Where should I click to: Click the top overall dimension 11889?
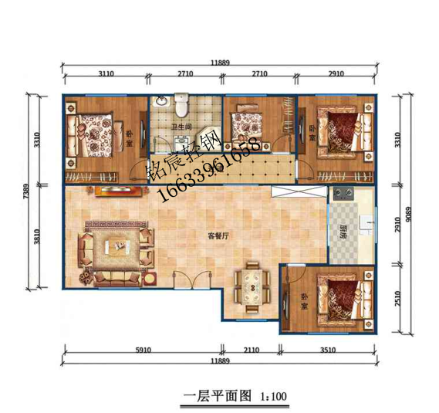219,63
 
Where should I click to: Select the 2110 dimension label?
252,350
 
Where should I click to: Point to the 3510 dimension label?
329,350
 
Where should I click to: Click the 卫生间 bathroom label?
182,128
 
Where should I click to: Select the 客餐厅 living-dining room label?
218,236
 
